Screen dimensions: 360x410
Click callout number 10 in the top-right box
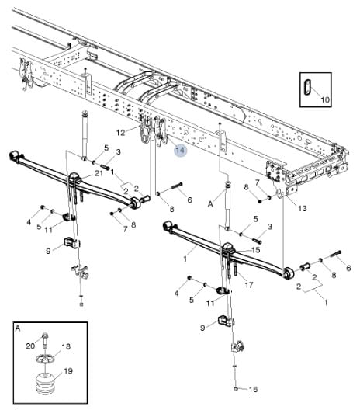pyautogui.click(x=325, y=99)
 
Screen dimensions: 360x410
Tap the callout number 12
pyautogui.click(x=120, y=133)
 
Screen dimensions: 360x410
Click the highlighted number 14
pyautogui.click(x=180, y=150)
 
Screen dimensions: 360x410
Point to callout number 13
pyautogui.click(x=303, y=208)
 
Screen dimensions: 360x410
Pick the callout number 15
pyautogui.click(x=255, y=250)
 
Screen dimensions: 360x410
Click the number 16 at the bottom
pyautogui.click(x=253, y=389)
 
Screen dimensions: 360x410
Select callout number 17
pyautogui.click(x=249, y=285)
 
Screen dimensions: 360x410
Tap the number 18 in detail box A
pyautogui.click(x=66, y=346)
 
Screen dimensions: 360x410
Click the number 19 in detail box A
pyautogui.click(x=68, y=370)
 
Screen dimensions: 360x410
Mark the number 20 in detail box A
pyautogui.click(x=30, y=346)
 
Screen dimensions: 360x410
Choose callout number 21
pyautogui.click(x=99, y=173)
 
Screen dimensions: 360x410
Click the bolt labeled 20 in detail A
pyautogui.click(x=45, y=340)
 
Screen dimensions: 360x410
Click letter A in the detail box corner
pyautogui.click(x=18, y=328)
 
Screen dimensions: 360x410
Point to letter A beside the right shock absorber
pyautogui.click(x=210, y=204)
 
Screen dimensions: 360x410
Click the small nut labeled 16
pyautogui.click(x=235, y=389)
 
